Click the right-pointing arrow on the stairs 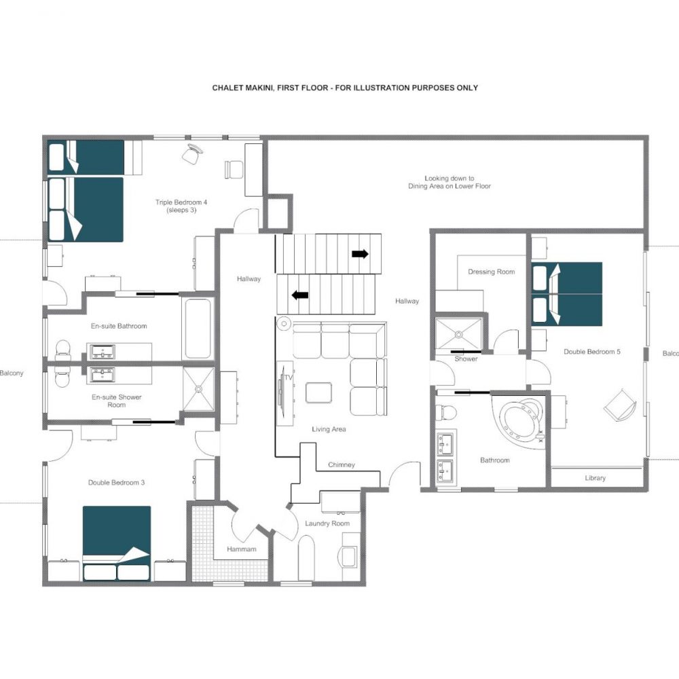(x=361, y=254)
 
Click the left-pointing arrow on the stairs (x=299, y=295)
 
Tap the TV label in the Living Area (x=289, y=378)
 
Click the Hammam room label (x=242, y=549)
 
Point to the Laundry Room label (x=327, y=524)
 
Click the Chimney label (x=342, y=464)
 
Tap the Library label (x=595, y=478)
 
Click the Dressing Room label (x=492, y=272)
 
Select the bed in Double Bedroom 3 (x=117, y=543)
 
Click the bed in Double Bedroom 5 (x=567, y=294)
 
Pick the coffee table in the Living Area (x=319, y=392)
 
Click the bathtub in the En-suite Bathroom (x=198, y=328)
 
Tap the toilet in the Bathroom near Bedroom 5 (x=446, y=411)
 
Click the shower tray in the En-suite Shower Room (x=198, y=389)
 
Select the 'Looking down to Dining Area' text (x=449, y=182)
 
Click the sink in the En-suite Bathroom (x=103, y=352)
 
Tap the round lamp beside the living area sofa (x=284, y=323)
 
